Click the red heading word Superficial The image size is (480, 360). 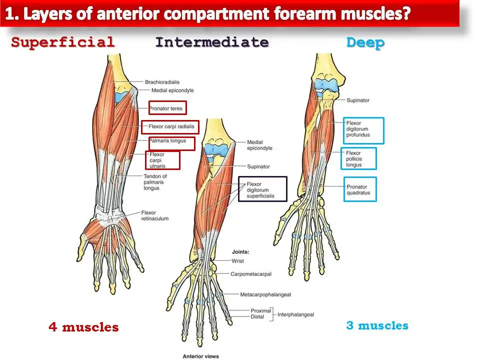click(63, 42)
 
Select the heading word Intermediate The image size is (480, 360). click(211, 42)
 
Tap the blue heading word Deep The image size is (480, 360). click(365, 43)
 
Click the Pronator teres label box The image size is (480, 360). click(167, 108)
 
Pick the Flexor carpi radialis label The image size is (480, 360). click(170, 127)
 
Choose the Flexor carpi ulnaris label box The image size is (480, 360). click(162, 160)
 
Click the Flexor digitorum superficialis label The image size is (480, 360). click(262, 189)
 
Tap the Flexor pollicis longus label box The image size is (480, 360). click(358, 158)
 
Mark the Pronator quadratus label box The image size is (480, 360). click(360, 189)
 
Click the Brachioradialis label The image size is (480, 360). click(161, 82)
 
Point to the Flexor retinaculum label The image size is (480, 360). click(154, 215)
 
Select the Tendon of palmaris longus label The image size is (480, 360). click(155, 182)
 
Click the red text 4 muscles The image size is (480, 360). click(83, 327)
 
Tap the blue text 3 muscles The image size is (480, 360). click(377, 326)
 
